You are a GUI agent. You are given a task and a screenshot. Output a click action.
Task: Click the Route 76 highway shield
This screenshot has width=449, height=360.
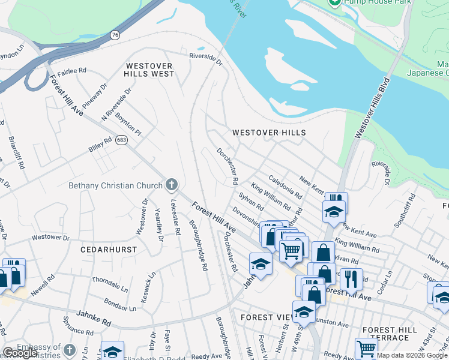coord(115,35)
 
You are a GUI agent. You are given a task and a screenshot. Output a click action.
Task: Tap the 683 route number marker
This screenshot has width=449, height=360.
coord(122,140)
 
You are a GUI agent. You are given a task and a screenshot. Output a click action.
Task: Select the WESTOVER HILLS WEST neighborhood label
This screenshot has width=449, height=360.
coord(149,70)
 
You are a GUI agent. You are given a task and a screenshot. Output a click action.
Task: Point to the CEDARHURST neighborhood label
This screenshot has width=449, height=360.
coord(109,249)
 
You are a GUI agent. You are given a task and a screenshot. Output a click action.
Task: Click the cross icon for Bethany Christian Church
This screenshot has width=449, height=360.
coord(172,185)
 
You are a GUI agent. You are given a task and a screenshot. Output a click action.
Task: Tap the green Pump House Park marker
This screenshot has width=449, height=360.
coord(335,3)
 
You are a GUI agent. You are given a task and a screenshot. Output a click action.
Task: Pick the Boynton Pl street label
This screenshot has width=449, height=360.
coord(128,124)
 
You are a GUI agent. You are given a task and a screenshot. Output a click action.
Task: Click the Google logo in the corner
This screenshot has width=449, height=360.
coord(20,353)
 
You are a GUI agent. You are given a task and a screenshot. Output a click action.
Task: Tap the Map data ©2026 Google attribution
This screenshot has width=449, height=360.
coord(412,355)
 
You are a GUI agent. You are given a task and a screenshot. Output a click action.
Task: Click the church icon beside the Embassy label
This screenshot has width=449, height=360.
coord(70,349)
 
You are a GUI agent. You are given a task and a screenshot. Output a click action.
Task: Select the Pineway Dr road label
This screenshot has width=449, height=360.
coord(95,96)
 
